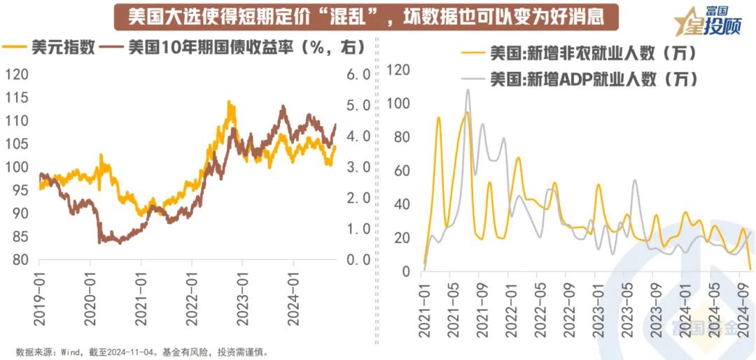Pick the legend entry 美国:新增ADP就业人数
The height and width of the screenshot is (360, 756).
591,78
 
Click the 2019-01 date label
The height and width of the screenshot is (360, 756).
39,295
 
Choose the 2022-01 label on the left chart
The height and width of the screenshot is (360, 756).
191,295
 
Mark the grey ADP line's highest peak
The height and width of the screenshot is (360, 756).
468,90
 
